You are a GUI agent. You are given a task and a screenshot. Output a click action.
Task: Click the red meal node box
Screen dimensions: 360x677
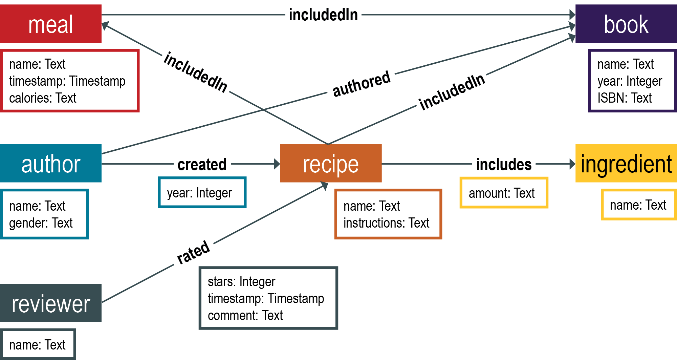pyautogui.click(x=50, y=24)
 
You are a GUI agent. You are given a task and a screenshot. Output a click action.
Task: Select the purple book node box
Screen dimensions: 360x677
pyautogui.click(x=626, y=24)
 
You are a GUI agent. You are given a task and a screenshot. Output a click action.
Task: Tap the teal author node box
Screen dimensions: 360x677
pyautogui.click(x=50, y=163)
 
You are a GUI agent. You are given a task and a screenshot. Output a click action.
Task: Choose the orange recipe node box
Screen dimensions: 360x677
pyautogui.click(x=331, y=163)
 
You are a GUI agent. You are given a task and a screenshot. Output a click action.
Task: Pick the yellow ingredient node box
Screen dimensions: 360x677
pyautogui.click(x=626, y=163)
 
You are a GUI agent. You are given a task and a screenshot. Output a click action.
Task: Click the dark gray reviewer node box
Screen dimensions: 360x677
pyautogui.click(x=50, y=303)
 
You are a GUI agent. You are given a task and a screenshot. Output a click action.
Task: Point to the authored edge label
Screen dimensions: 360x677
pyautogui.click(x=362, y=84)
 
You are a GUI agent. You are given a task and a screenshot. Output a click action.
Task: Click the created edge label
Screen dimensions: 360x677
pyautogui.click(x=202, y=165)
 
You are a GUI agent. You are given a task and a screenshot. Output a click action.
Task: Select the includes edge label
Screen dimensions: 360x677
pyautogui.click(x=504, y=165)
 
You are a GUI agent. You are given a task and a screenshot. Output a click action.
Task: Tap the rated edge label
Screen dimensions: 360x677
pyautogui.click(x=194, y=252)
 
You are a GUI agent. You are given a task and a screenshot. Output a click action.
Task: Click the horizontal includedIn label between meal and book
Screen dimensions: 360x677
pyautogui.click(x=323, y=15)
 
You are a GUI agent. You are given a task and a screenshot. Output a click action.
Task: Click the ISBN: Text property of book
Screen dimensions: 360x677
pyautogui.click(x=624, y=98)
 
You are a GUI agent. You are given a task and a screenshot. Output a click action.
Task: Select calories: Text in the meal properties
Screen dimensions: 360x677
pyautogui.click(x=43, y=98)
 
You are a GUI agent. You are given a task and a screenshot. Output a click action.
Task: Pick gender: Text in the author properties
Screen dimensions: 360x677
pyautogui.click(x=41, y=223)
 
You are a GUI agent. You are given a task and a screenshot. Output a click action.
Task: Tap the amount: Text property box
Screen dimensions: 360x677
pyautogui.click(x=502, y=193)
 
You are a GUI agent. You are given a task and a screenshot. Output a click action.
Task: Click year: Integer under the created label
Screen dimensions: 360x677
pyautogui.click(x=199, y=193)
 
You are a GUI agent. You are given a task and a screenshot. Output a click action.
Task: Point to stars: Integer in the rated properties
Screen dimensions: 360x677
pyautogui.click(x=241, y=282)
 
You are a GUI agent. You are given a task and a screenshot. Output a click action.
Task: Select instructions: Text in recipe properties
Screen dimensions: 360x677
pyautogui.click(x=386, y=223)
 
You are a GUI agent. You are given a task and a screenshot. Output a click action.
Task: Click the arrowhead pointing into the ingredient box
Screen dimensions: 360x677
pyautogui.click(x=572, y=164)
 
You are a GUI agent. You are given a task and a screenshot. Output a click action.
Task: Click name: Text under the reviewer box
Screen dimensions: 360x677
pyautogui.click(x=37, y=345)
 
